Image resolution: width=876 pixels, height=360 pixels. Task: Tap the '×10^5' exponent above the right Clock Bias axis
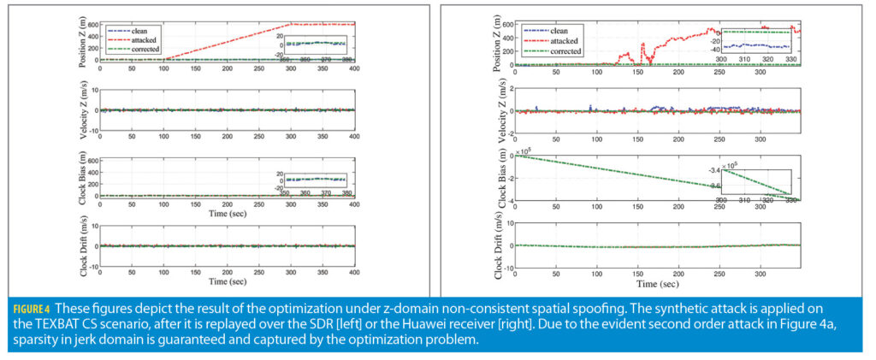pos(523,150)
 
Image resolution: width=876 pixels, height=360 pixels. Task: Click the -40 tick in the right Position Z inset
pos(715,49)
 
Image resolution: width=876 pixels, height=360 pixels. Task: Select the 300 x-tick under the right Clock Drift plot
pos(761,273)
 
